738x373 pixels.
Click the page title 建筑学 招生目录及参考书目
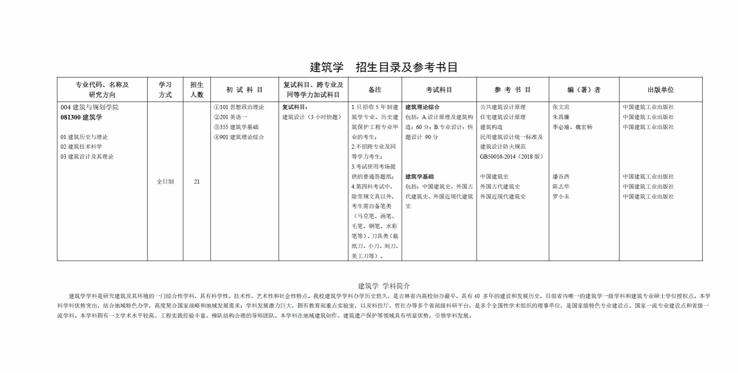click(384, 67)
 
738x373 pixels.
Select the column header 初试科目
click(245, 90)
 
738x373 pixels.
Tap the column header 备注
click(375, 90)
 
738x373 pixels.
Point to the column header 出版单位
click(661, 90)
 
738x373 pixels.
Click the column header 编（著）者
click(584, 90)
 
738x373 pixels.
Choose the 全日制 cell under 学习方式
click(165, 182)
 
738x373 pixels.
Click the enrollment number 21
click(197, 182)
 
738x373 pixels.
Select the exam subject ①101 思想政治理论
click(239, 107)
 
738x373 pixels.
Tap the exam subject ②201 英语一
click(230, 117)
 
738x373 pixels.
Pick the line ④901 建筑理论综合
click(239, 137)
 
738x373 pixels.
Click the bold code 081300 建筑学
click(81, 117)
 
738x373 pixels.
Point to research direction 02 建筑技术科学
click(81, 147)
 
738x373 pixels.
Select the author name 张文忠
click(561, 107)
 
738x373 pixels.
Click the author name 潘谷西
click(561, 177)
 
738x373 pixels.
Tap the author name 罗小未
click(561, 196)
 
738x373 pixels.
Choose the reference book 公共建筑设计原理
click(503, 107)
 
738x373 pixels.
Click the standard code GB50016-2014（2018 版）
click(512, 157)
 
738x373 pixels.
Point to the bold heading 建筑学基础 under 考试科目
click(419, 177)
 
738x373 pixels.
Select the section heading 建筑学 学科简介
click(384, 286)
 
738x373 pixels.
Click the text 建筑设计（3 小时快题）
click(312, 117)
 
